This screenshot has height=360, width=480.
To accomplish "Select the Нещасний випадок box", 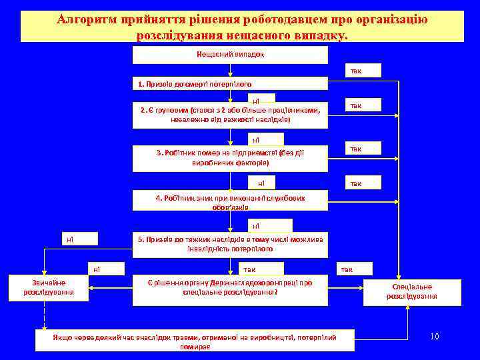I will [x=230, y=55].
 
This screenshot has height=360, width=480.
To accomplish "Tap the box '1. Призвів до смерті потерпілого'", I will [x=230, y=84].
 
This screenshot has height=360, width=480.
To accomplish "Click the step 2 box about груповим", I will [x=230, y=115].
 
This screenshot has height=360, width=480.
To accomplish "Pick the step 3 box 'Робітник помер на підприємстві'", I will [x=230, y=158].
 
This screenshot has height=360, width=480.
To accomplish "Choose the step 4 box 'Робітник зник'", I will [x=230, y=202].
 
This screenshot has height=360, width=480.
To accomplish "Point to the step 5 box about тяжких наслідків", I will [x=230, y=244].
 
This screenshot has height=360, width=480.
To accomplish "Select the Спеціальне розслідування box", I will [x=411, y=291].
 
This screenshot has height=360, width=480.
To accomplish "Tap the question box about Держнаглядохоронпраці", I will [x=230, y=287].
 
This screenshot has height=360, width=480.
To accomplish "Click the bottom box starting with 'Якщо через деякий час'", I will [x=195, y=341].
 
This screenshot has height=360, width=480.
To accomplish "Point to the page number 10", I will [x=434, y=337].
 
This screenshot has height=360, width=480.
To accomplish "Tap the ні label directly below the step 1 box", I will [x=256, y=100].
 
